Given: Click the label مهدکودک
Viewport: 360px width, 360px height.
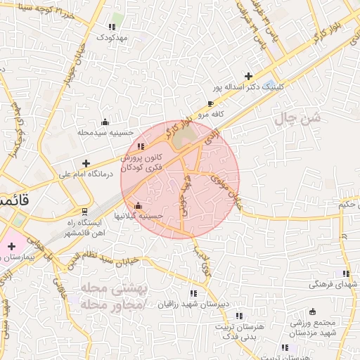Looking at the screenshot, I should tap(112, 37).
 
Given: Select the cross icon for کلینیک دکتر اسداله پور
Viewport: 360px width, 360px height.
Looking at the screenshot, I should tap(247, 76).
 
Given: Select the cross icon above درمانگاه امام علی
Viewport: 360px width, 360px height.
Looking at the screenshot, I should tap(86, 163).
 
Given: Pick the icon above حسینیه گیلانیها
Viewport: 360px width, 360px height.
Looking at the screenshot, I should tap(138, 206).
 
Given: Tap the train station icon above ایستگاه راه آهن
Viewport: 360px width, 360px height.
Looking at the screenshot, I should tap(85, 211).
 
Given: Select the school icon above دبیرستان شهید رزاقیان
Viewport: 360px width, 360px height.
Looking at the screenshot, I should tap(193, 292).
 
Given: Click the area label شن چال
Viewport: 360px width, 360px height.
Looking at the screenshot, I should tap(298, 120).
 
